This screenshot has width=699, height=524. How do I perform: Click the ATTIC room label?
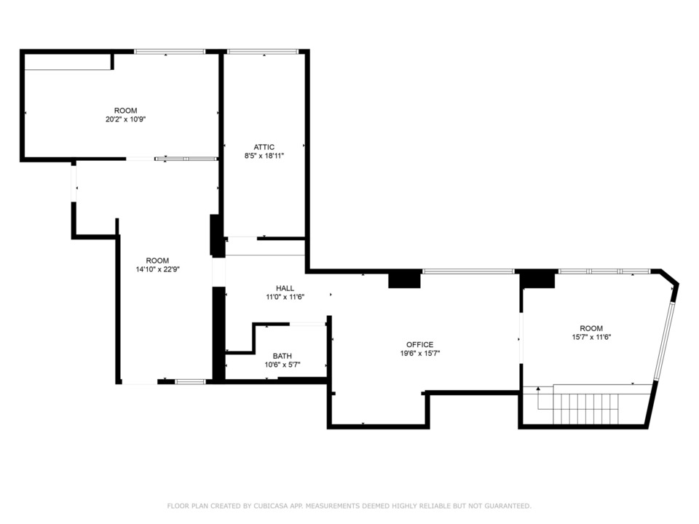[x=264, y=147]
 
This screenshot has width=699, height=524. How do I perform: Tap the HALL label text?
[x=285, y=288]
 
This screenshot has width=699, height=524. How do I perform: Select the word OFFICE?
[x=419, y=344]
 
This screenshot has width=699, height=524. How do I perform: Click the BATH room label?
[x=283, y=356]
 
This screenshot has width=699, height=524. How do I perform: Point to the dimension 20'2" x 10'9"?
[x=126, y=119]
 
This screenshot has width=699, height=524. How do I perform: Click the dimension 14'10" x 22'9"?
[x=157, y=269]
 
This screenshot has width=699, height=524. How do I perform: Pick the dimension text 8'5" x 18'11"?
[x=264, y=156]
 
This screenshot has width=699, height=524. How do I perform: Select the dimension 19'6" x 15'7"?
[x=420, y=354]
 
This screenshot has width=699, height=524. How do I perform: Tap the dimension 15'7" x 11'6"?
[x=591, y=337]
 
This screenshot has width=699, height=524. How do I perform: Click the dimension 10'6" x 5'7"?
[x=283, y=365]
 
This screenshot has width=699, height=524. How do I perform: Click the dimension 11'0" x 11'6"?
[x=285, y=297]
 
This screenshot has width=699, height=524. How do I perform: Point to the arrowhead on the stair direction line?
[x=538, y=389]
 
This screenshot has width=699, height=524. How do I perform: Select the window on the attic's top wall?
[x=263, y=52]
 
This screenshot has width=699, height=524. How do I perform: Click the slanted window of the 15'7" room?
[x=664, y=341]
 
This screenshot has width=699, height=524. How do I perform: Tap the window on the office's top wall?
[x=468, y=271]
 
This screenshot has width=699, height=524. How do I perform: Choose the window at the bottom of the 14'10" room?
[x=190, y=382]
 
